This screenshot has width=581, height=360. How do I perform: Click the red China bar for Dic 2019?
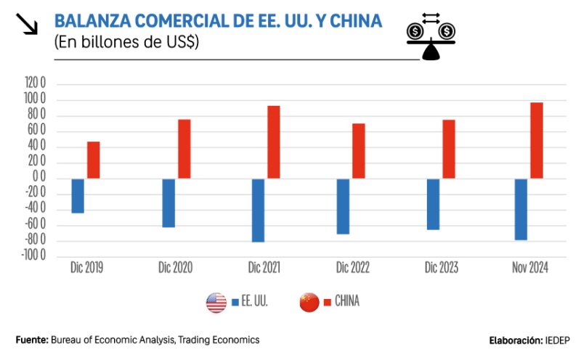94,160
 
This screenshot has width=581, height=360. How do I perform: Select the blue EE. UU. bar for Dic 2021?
258,210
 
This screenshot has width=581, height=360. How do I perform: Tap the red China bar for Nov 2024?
537,140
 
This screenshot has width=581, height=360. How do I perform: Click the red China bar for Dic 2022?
359,151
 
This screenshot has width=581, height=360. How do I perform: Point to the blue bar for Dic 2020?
168,202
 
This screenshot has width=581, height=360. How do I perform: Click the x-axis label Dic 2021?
264,267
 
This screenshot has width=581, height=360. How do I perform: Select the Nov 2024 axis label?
530,267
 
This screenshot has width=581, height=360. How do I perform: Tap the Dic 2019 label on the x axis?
86,267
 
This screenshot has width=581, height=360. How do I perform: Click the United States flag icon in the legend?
216,302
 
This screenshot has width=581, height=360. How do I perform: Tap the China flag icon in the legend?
309,302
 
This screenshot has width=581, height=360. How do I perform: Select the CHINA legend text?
347,302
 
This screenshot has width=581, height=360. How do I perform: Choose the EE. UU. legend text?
255,302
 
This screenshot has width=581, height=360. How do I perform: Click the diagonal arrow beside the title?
26,24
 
